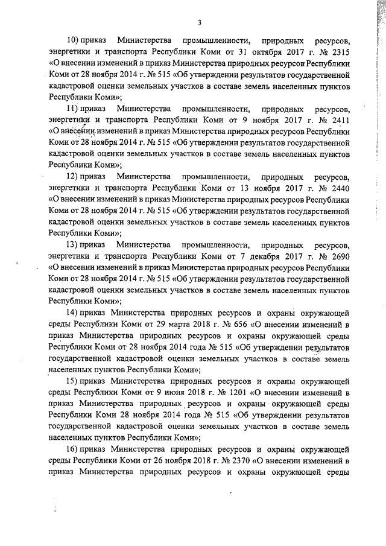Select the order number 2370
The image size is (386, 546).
pos(239,465)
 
